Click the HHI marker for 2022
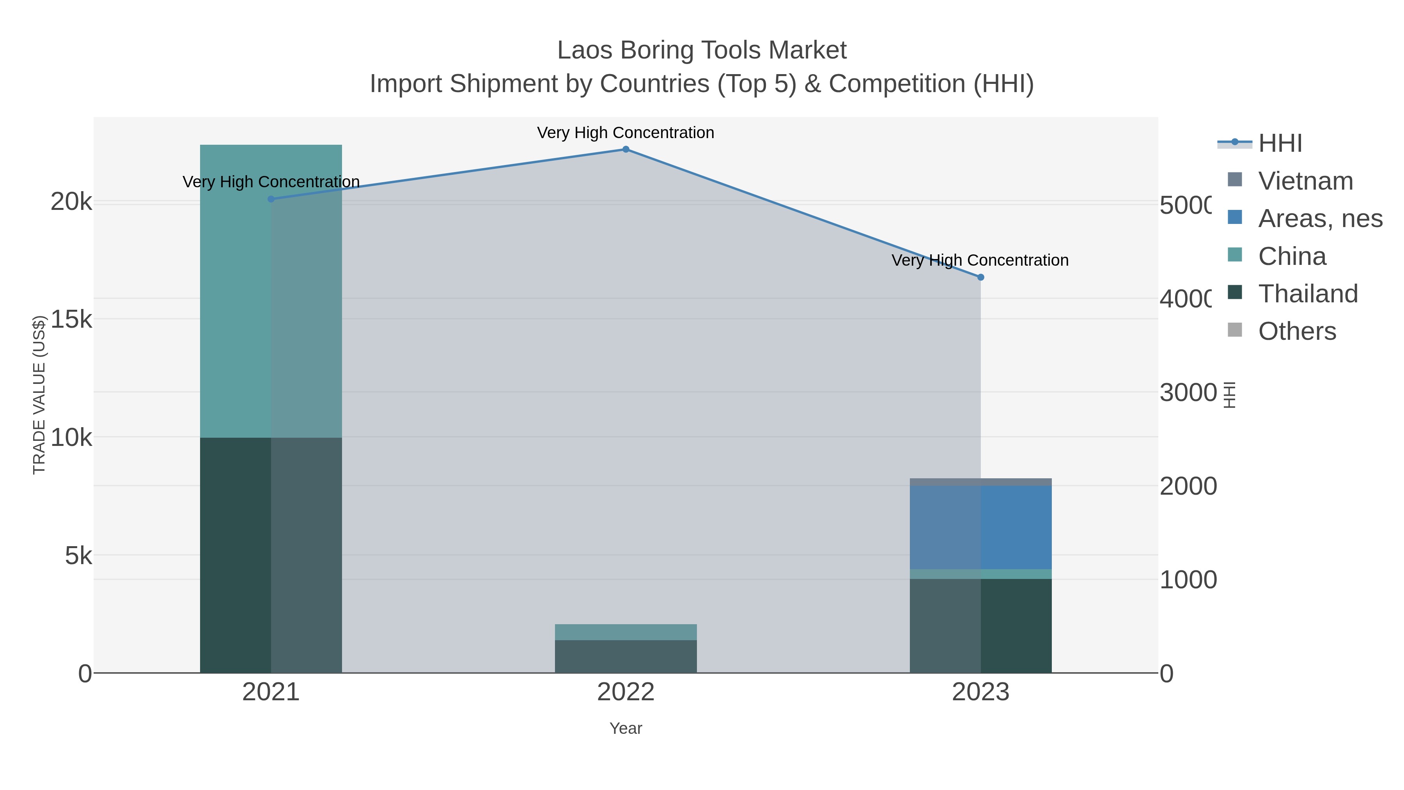point(626,149)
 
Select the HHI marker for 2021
point(271,199)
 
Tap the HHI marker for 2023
point(980,277)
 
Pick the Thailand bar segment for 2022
point(626,657)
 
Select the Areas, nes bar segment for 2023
point(980,527)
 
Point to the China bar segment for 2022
point(626,632)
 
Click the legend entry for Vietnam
point(1305,181)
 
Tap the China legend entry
point(1292,256)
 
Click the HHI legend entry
point(1280,144)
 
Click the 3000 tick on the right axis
point(1188,392)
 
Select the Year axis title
point(626,728)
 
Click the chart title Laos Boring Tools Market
point(702,51)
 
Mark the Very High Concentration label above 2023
point(980,261)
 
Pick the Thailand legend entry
point(1308,294)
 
